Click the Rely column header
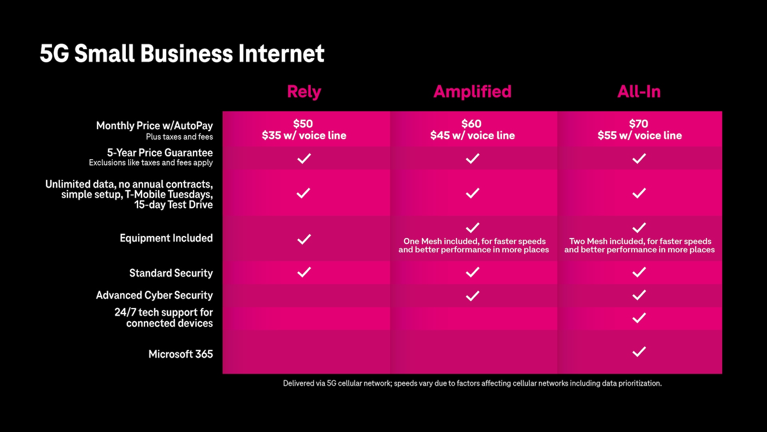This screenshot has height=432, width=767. [x=304, y=92]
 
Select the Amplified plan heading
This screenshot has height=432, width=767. [x=473, y=92]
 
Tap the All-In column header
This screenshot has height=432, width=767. [x=639, y=92]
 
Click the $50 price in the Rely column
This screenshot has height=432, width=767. [x=303, y=124]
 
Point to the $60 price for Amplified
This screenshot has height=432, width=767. [x=472, y=124]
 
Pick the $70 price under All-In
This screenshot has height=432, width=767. [x=639, y=124]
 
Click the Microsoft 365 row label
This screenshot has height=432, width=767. [x=181, y=354]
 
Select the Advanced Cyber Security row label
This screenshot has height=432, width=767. [x=154, y=295]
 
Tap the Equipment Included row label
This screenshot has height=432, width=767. [x=166, y=238]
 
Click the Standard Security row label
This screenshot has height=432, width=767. [x=171, y=273]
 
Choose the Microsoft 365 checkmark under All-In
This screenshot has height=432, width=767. [x=639, y=352]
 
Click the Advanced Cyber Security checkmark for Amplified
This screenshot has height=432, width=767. [x=473, y=296]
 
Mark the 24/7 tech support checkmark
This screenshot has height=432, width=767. [x=639, y=318]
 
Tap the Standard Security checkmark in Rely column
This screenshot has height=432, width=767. [x=304, y=272]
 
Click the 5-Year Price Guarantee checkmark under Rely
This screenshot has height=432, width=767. [x=304, y=158]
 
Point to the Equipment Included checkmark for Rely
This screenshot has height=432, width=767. [x=304, y=239]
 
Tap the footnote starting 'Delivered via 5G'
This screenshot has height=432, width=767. [x=472, y=383]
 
